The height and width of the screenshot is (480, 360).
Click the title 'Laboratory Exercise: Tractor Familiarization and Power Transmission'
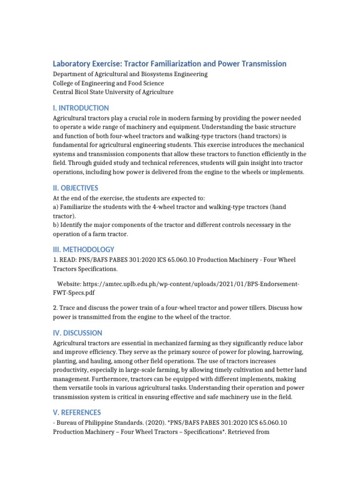[x=169, y=64]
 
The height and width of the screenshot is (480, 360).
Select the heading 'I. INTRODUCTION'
[x=81, y=108]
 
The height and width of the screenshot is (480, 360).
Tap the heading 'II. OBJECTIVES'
[x=75, y=188]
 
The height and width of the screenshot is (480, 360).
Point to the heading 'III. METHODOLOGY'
[x=83, y=249]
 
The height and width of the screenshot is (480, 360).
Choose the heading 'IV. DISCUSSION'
[x=77, y=333]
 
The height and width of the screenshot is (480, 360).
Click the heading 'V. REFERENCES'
[x=77, y=412]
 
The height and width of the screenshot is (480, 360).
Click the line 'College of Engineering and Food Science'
[x=108, y=83]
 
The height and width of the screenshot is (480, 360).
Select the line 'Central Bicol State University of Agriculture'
[x=113, y=92]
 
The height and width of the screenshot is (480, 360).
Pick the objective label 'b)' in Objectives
[x=56, y=225]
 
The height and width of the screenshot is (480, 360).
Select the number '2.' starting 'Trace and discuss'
[x=55, y=307]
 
